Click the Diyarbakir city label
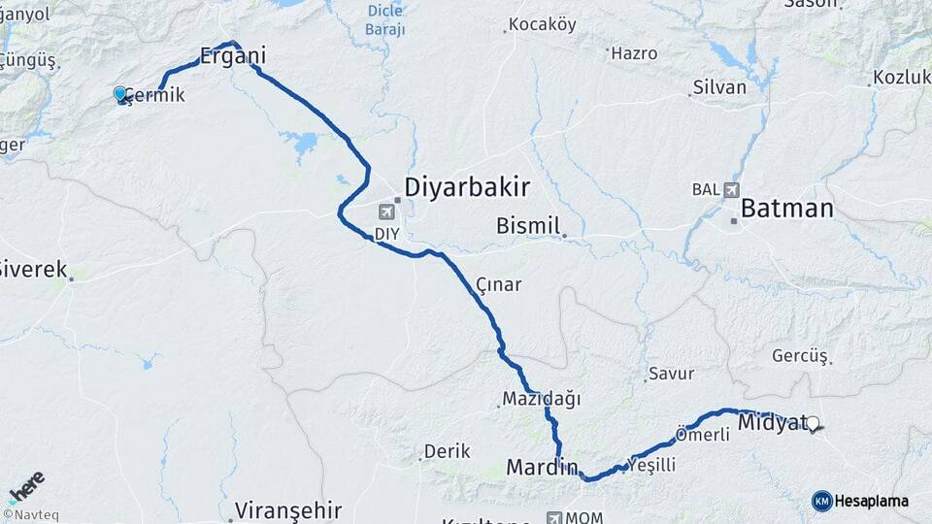466,186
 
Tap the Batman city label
786,209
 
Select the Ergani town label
232,56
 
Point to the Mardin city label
542,468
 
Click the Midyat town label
773,422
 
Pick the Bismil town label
528,226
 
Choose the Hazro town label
635,53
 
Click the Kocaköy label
542,24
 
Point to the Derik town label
447,451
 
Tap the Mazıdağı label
541,398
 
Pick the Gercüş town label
800,356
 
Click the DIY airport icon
387,212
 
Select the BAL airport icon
730,189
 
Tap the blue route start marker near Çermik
120,93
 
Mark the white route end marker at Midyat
814,423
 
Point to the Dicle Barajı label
385,20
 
